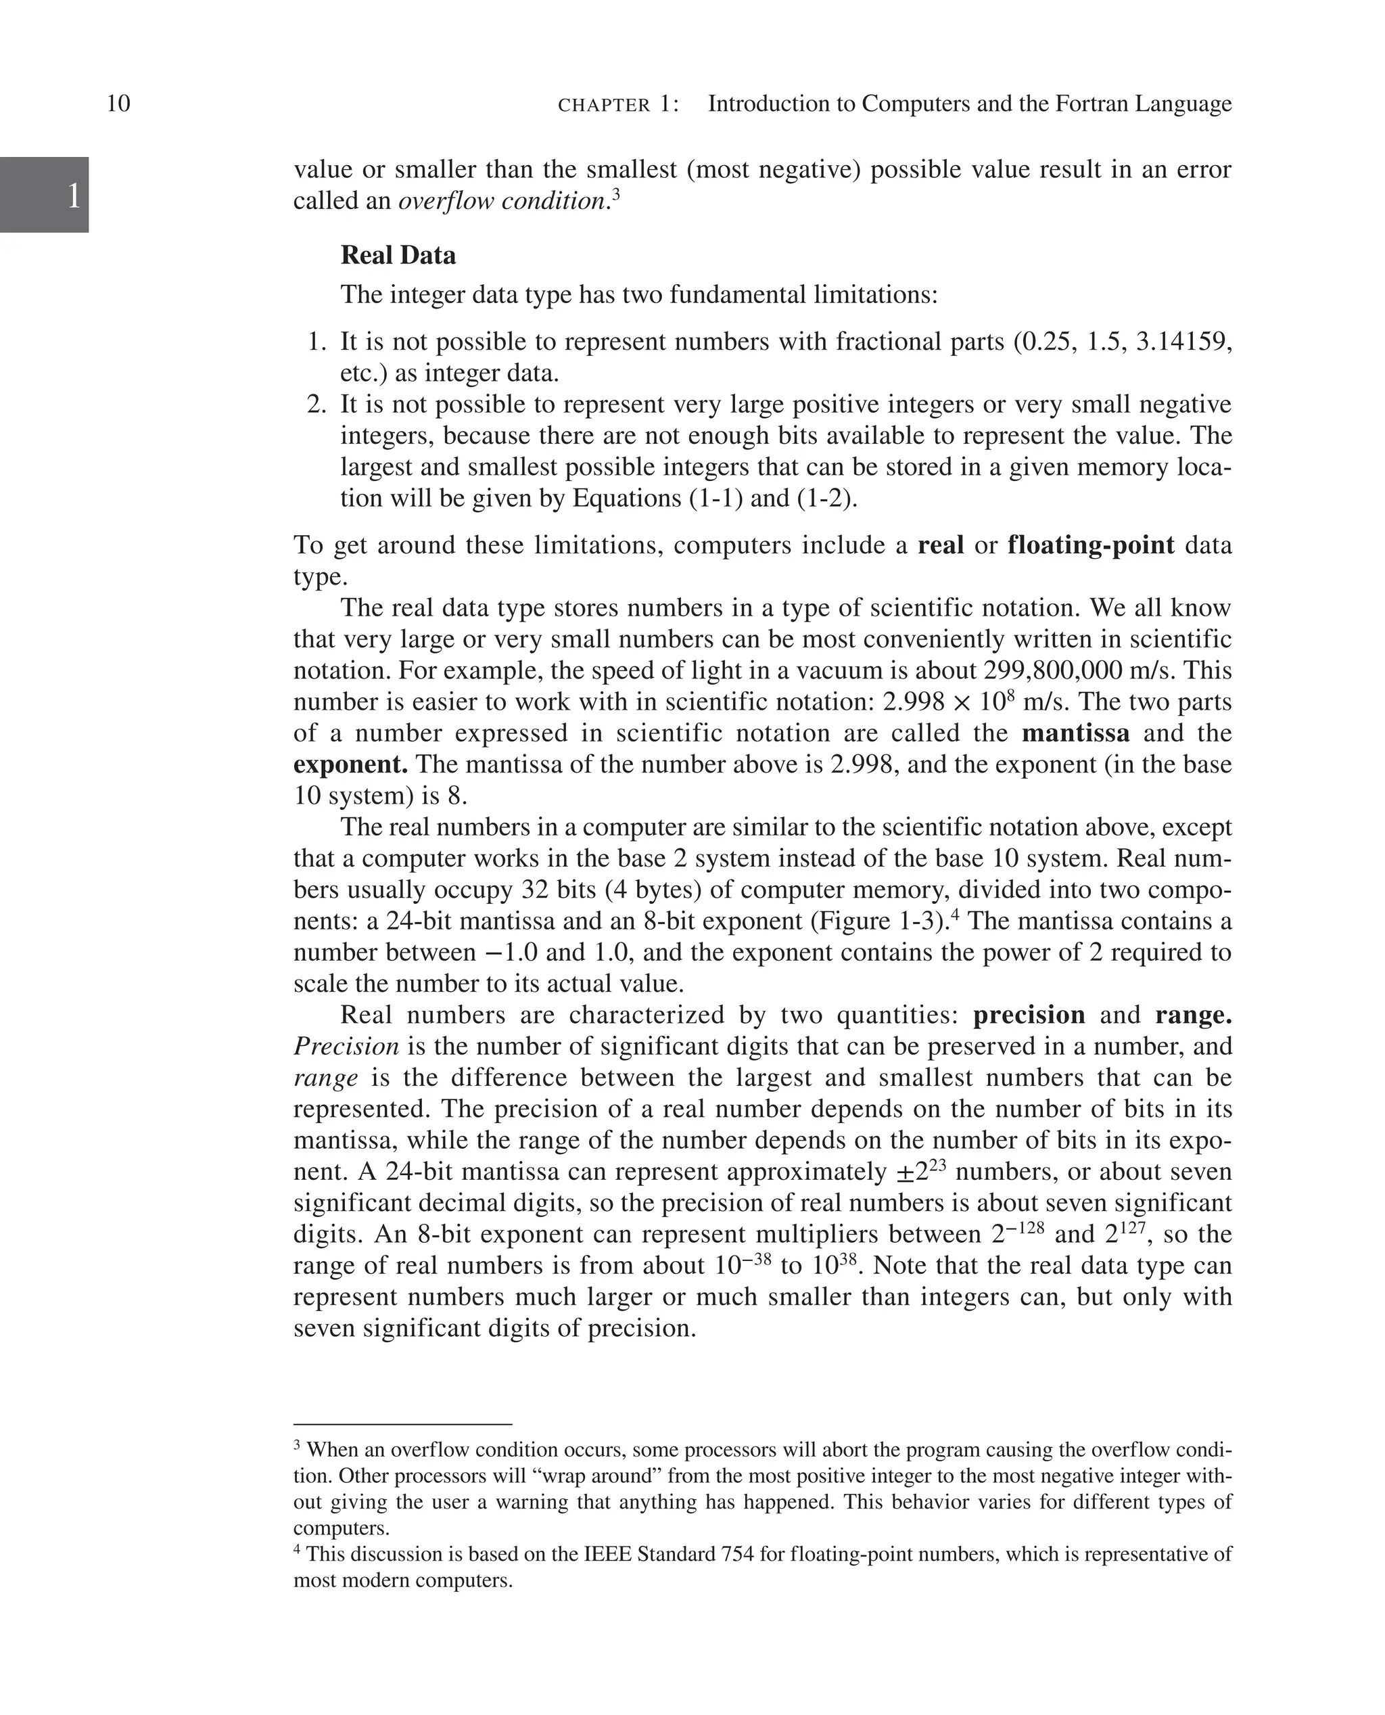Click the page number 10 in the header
click(118, 104)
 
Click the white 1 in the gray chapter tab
click(74, 196)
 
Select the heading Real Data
click(398, 255)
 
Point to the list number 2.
click(316, 405)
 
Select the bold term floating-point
click(1091, 546)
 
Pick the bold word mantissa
click(1075, 733)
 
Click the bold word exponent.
click(350, 764)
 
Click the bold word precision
click(1029, 1015)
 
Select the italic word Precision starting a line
click(346, 1046)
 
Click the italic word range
click(325, 1078)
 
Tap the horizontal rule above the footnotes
click(402, 1423)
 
